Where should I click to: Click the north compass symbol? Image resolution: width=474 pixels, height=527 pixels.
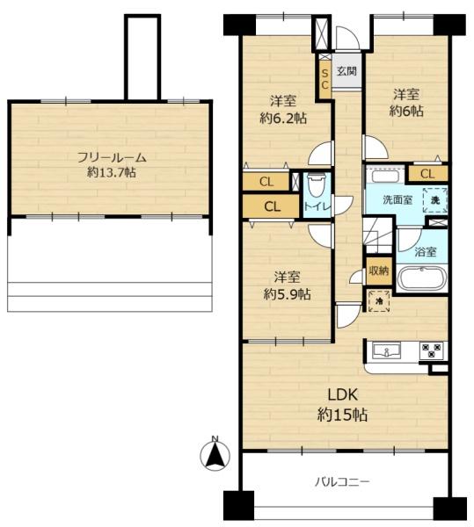tap(215, 454)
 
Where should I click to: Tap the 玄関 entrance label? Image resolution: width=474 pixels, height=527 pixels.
tap(346, 71)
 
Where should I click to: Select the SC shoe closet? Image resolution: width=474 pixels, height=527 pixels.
tap(325, 79)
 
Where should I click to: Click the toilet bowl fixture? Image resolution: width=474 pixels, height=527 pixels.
tap(317, 184)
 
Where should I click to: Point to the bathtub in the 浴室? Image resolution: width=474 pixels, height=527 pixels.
tap(422, 278)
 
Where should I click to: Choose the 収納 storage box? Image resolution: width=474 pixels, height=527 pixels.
tap(379, 271)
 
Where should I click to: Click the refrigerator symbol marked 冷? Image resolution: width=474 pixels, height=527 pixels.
tap(379, 301)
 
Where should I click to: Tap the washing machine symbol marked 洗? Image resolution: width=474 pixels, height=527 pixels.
tap(435, 200)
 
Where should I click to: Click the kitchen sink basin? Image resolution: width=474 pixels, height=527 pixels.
tap(387, 351)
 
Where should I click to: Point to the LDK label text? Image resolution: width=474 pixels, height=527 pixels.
tap(342, 395)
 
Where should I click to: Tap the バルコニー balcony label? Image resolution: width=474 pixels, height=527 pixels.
tap(342, 482)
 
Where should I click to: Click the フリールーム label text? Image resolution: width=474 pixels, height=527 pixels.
tap(112, 157)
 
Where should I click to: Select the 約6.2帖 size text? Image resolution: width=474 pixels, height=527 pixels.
tap(283, 119)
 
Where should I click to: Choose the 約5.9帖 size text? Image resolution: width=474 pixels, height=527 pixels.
tap(287, 295)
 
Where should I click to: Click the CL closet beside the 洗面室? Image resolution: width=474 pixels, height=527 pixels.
tap(428, 174)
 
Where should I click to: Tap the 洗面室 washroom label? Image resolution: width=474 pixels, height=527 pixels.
tap(397, 200)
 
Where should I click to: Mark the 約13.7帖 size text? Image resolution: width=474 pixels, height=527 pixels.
tap(112, 173)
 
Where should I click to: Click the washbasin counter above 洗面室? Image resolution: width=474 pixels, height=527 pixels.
tap(385, 176)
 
